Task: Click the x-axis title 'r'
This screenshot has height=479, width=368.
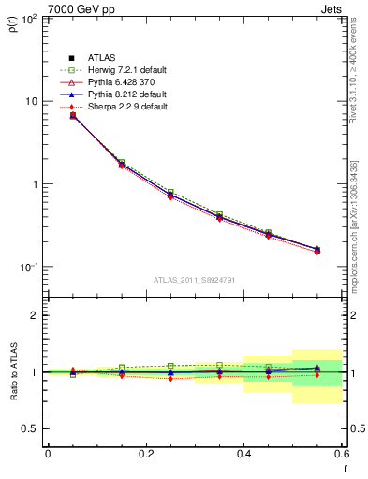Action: pos(345,468)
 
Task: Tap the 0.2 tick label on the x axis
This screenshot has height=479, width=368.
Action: pos(146,454)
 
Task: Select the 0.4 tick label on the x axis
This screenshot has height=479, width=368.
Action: pos(243,454)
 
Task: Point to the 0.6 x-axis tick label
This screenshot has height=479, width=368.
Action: pos(342,454)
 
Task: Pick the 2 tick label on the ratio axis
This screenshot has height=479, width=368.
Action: pos(34,315)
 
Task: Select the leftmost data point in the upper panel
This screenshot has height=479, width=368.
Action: pos(73,116)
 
